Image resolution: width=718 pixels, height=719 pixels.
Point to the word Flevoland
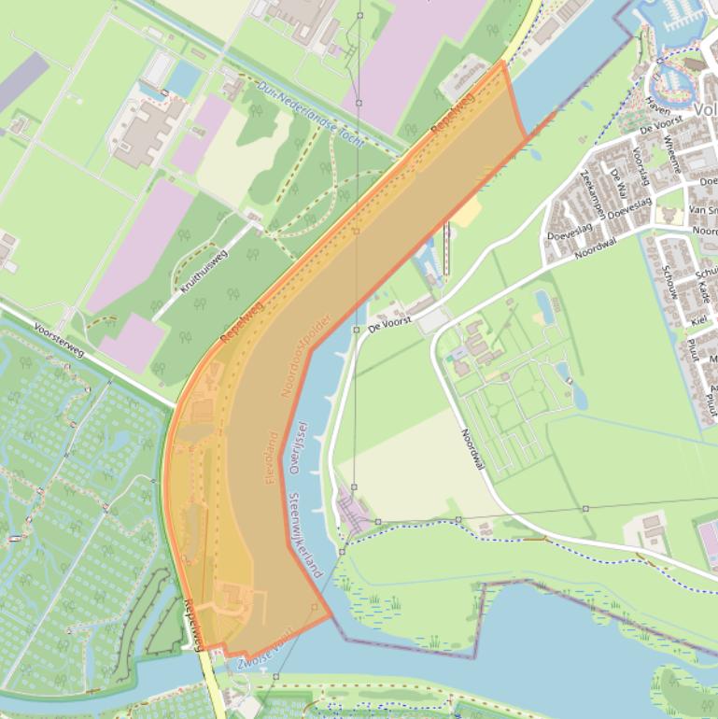click(x=270, y=457)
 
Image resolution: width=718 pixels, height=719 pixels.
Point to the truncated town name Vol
click(x=705, y=109)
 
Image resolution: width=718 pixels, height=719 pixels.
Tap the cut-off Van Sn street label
click(x=702, y=211)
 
